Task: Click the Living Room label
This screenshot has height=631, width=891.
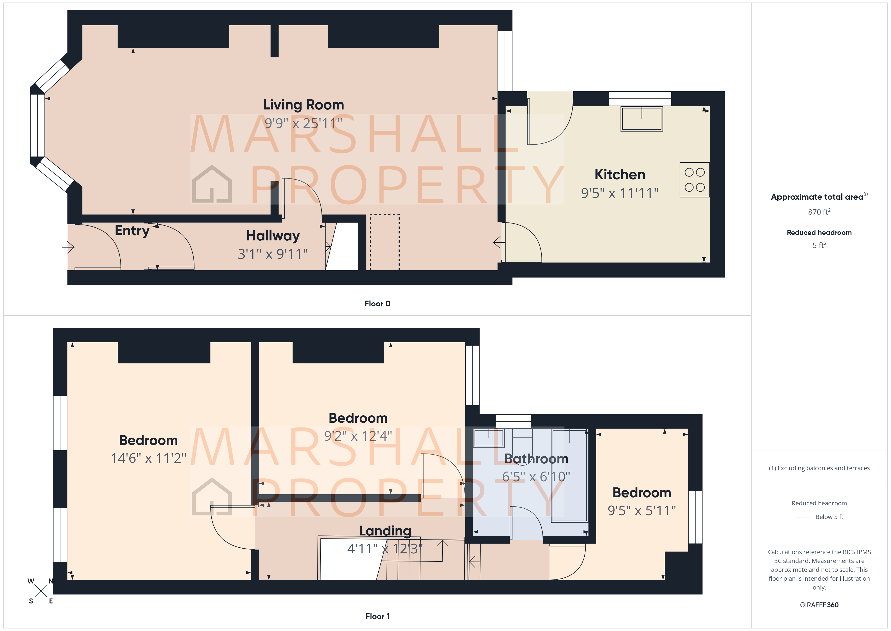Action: [x=303, y=105]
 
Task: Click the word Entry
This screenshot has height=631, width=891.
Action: [x=132, y=231]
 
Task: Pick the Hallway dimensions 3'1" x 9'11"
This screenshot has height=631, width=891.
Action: [x=273, y=254]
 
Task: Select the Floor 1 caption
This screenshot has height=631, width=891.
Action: [x=377, y=616]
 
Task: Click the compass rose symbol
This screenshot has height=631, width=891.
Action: [x=41, y=591]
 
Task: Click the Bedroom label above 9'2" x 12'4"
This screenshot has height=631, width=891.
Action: [x=358, y=418]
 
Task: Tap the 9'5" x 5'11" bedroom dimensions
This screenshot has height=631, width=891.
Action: [x=641, y=511]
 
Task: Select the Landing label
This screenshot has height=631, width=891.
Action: [x=385, y=531]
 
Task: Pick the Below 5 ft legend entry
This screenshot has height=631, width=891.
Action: [x=829, y=517]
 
